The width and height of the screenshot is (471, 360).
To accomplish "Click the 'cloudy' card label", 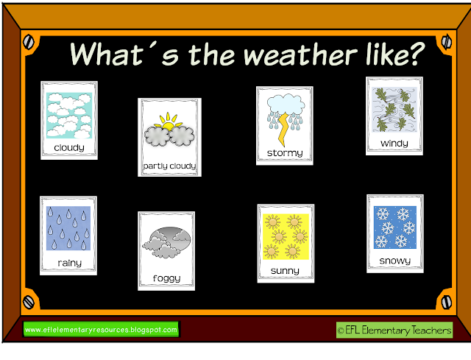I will click(69, 147).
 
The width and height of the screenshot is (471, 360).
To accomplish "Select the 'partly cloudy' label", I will click(170, 166).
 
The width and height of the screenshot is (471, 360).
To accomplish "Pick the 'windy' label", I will click(394, 143).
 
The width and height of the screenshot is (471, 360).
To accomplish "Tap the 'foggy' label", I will click(168, 279).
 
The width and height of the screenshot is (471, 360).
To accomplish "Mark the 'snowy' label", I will click(395, 261).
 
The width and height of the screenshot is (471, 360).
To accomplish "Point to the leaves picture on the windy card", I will click(394, 110).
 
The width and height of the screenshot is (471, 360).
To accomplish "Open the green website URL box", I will click(101, 329).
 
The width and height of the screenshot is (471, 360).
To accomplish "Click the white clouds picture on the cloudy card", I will click(69, 115).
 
